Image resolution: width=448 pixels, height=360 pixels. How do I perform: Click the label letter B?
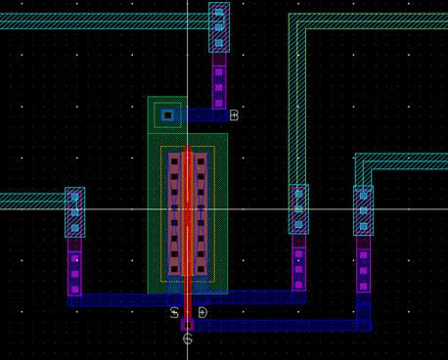(x=234, y=115)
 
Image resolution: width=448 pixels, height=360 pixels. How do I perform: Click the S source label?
(x=174, y=313)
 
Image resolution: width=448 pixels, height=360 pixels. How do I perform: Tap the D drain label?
(x=202, y=313)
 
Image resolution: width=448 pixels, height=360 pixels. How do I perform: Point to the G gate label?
(x=188, y=338)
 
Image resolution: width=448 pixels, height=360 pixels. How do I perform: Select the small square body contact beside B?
(x=167, y=115)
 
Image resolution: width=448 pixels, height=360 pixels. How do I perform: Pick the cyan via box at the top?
(x=219, y=27)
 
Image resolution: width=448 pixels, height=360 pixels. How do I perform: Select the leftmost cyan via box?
(x=74, y=212)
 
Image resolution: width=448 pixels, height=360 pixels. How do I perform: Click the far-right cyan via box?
(x=363, y=210)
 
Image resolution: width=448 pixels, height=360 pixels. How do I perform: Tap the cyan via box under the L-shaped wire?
(x=298, y=209)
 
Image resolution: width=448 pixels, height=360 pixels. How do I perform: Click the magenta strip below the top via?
(x=219, y=80)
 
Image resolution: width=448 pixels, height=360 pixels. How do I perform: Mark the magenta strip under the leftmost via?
(x=74, y=266)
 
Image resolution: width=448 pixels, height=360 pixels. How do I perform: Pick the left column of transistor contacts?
(x=174, y=212)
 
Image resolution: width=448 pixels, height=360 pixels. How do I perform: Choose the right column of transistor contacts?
(x=201, y=212)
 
